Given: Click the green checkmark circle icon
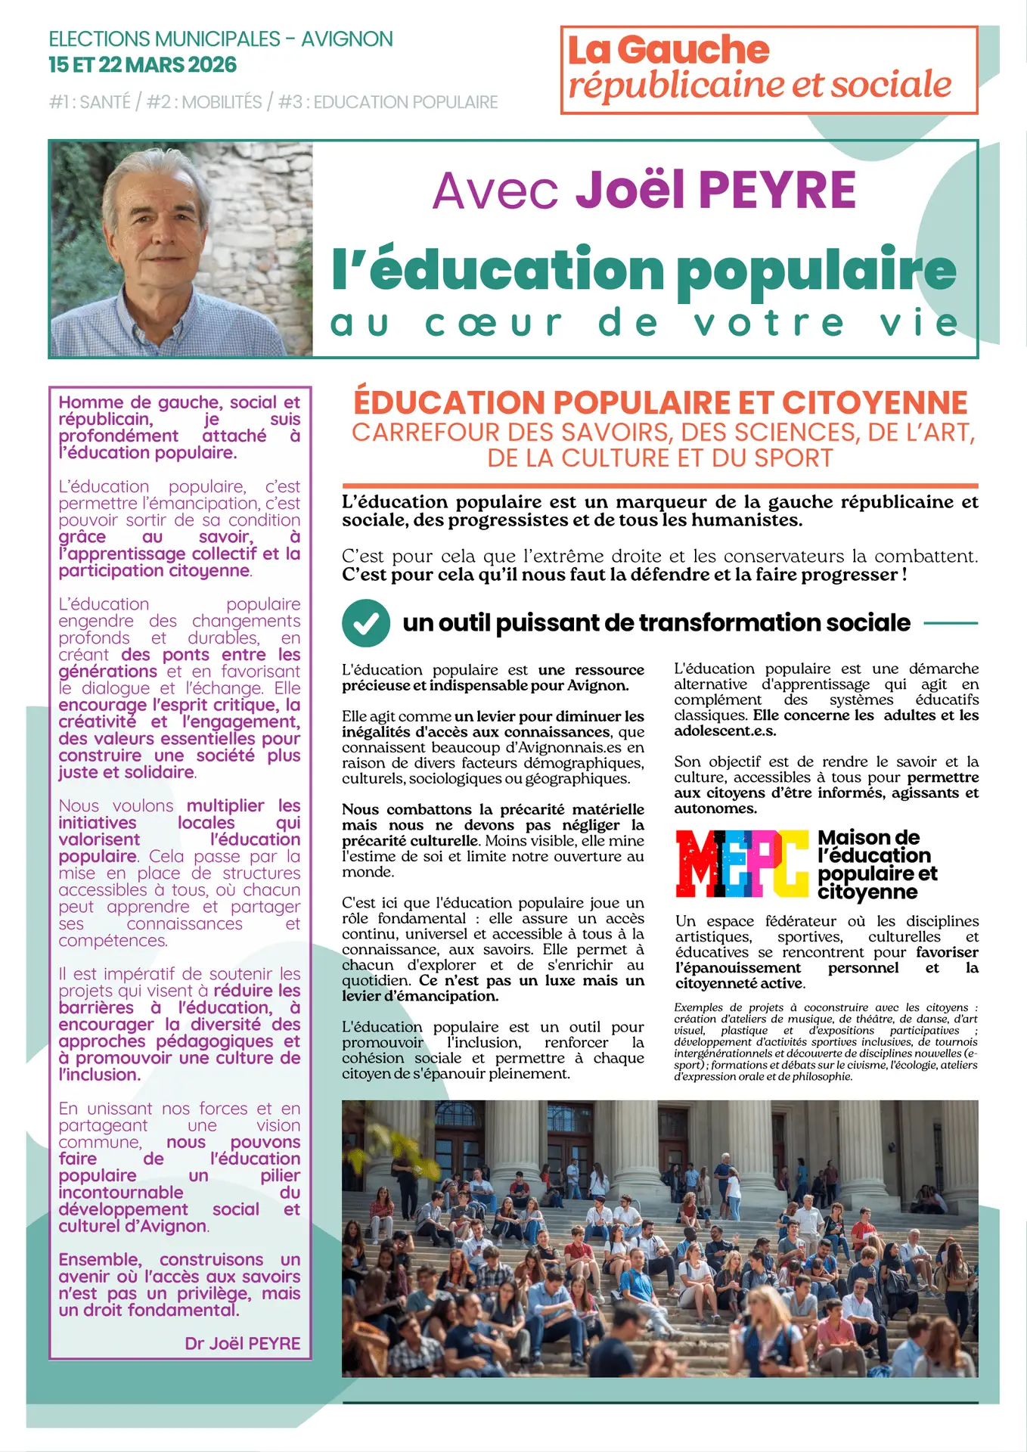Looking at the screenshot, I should pos(366,623).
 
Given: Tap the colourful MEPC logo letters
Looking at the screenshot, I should pos(741,863).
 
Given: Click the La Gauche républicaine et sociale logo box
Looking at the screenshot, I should pos(768,70).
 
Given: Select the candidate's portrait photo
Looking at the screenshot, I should pos(182,249).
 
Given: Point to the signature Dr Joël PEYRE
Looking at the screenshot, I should pos(242,1343).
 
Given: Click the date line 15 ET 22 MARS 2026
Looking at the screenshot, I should pos(143,65).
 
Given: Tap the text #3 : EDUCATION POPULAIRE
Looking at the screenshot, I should pos(388,102).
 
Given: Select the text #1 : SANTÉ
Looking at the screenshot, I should pos(90,102).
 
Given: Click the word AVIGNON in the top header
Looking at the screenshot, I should pos(347,39).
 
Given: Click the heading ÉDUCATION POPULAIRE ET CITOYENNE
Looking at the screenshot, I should pos(660,402).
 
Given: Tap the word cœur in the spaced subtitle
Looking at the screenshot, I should pos(494,324).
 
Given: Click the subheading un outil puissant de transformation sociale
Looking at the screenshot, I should pos(656,622).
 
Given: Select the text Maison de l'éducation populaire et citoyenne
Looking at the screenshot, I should pos(877,864).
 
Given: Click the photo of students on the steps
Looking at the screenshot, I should pos(659,1238).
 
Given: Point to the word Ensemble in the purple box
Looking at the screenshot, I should pos(101,1260).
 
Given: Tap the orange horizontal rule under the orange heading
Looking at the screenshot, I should pos(659,486).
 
